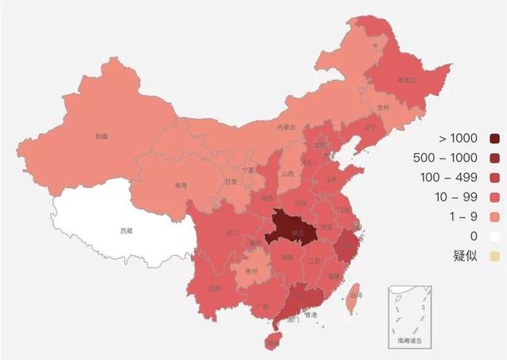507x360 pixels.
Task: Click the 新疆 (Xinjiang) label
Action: click(101, 136)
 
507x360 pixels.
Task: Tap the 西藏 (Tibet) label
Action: click(127, 231)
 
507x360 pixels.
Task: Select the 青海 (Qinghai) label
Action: click(181, 186)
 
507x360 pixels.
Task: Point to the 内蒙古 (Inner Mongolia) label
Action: click(286, 127)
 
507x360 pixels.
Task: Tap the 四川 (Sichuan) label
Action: click(231, 233)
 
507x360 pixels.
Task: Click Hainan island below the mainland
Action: click(273, 343)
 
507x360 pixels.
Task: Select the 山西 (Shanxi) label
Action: click(288, 174)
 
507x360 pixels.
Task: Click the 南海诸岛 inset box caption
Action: click(409, 341)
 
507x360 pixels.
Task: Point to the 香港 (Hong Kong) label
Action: click(311, 315)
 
